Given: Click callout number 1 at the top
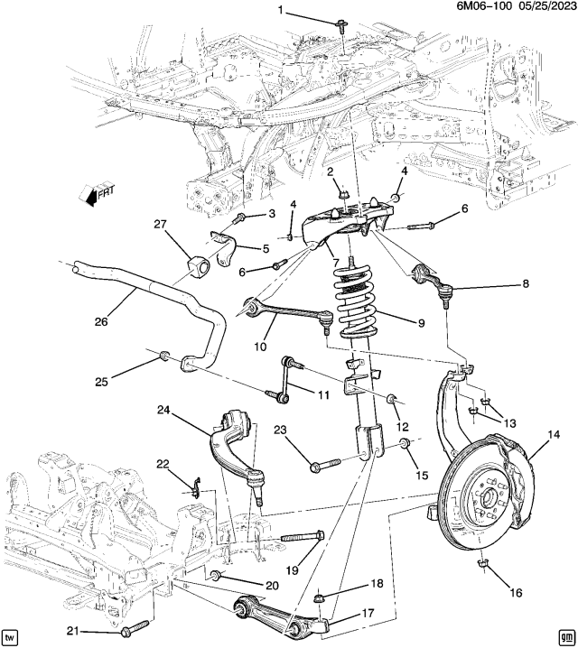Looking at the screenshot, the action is (x=281, y=10).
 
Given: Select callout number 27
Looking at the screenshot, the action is (x=160, y=225).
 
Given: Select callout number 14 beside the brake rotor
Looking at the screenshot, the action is (x=554, y=434).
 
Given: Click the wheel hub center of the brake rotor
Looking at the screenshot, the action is (x=488, y=495).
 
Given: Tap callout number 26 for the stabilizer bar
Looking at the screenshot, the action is (x=101, y=321).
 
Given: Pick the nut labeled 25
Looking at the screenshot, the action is (x=164, y=355).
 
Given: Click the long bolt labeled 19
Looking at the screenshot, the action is (x=303, y=538).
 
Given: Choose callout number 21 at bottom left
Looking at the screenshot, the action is (x=73, y=631).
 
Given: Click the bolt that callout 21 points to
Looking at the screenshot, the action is (x=135, y=627).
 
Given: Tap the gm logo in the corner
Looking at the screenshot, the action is (x=564, y=635).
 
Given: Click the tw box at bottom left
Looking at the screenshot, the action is (x=9, y=635).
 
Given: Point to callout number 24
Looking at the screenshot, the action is (x=163, y=410).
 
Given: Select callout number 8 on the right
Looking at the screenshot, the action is (x=526, y=283).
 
